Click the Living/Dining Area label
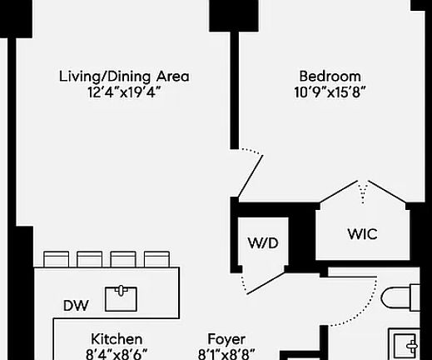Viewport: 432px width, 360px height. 124,77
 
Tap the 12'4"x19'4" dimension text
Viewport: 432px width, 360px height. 124,92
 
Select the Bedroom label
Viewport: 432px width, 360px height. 330,76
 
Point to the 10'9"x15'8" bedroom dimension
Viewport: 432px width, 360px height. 330,92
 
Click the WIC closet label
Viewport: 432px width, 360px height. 362,234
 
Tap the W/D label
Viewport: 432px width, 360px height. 263,243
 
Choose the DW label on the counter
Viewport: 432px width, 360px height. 76,306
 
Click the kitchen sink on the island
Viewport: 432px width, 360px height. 121,299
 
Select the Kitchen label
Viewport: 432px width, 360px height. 117,339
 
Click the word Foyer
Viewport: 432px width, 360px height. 226,339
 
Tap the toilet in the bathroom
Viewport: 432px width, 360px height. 400,297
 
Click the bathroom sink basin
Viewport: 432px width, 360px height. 405,345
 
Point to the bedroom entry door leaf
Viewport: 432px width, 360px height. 251,177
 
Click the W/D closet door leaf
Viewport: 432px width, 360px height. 266,283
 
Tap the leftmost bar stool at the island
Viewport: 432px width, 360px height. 57,259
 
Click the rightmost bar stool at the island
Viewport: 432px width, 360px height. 156,259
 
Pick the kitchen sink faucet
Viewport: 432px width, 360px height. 121,290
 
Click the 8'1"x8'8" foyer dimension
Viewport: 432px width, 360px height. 226,354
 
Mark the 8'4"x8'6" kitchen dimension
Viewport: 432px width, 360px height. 117,354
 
